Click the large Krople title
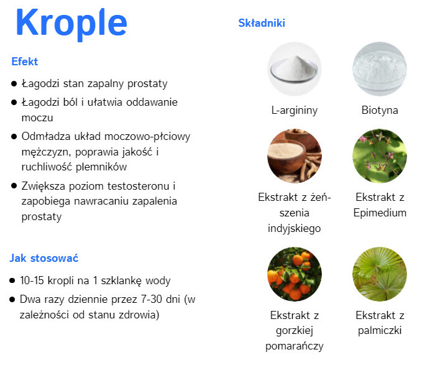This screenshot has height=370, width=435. pyautogui.click(x=71, y=23)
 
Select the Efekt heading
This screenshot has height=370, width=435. pyautogui.click(x=25, y=62)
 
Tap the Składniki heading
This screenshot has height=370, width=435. pyautogui.click(x=262, y=23)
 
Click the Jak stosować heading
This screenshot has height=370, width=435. pyautogui.click(x=44, y=258)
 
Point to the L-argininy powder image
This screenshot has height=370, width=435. pyautogui.click(x=295, y=69)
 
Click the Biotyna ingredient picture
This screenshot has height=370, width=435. pyautogui.click(x=380, y=69)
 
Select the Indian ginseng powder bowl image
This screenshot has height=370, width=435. pyautogui.click(x=295, y=156)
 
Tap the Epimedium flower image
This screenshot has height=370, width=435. pyautogui.click(x=380, y=156)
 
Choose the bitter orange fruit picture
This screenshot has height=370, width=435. pyautogui.click(x=295, y=274)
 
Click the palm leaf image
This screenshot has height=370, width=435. pyautogui.click(x=380, y=274)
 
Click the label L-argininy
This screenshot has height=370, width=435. pyautogui.click(x=295, y=111)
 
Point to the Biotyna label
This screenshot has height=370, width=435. pyautogui.click(x=380, y=110)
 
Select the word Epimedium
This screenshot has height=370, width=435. pyautogui.click(x=380, y=213)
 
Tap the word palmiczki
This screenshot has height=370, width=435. pyautogui.click(x=380, y=331)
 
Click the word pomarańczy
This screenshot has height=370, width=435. pyautogui.click(x=295, y=346)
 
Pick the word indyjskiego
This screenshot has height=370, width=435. pyautogui.click(x=295, y=228)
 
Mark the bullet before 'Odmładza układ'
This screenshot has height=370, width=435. pyautogui.click(x=14, y=137)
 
